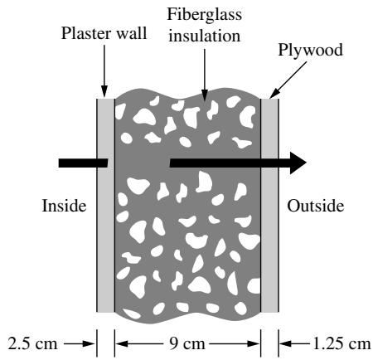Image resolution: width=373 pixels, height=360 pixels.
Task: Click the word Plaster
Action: click(x=86, y=33)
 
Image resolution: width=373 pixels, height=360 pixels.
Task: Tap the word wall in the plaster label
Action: click(x=131, y=33)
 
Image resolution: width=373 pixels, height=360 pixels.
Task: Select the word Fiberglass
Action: click(x=205, y=15)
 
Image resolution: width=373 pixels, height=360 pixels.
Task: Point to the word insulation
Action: click(x=205, y=36)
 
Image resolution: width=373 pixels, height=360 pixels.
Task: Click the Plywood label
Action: click(x=310, y=50)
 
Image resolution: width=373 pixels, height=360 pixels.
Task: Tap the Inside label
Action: click(x=64, y=206)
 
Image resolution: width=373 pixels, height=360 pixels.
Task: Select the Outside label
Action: click(x=316, y=206)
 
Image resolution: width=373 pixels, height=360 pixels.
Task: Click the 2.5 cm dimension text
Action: click(x=32, y=344)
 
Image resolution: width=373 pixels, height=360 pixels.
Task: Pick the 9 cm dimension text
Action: click(x=186, y=344)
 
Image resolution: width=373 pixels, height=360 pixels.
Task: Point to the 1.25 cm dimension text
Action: click(x=342, y=344)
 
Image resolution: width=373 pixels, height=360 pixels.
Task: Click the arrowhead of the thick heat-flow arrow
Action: click(x=298, y=163)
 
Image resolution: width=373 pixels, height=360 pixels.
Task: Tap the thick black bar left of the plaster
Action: click(x=83, y=163)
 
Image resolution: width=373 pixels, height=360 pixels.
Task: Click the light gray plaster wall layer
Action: click(x=105, y=206)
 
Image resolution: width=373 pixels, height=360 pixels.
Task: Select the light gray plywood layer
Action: click(x=269, y=206)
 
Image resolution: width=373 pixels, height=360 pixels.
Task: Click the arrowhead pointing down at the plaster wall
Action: click(x=104, y=91)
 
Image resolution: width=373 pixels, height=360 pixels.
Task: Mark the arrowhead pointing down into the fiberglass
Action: click(x=205, y=95)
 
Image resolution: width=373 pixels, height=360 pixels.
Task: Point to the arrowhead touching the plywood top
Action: click(x=274, y=94)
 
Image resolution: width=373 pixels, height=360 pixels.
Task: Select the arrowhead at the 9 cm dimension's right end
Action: click(x=254, y=344)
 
